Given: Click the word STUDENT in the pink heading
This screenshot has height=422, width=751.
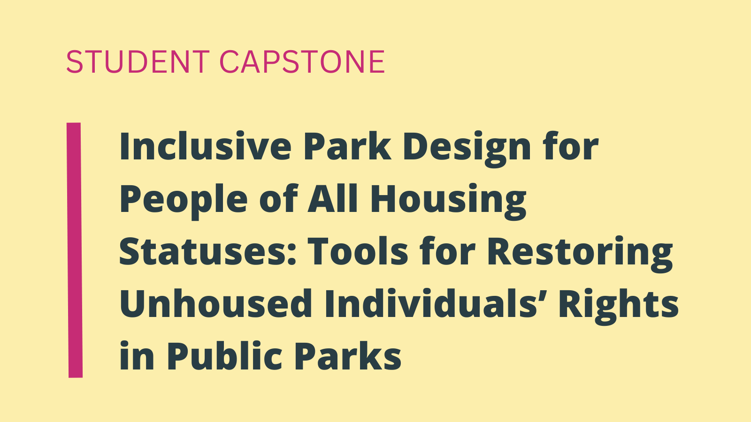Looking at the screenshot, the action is pyautogui.click(x=138, y=61).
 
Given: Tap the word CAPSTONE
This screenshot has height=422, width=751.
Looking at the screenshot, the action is pyautogui.click(x=302, y=61).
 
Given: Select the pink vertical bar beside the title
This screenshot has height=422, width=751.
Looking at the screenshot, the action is pyautogui.click(x=75, y=250).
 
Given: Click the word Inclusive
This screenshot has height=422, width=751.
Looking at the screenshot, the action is pyautogui.click(x=206, y=146).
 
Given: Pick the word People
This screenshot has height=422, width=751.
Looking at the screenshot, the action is pyautogui.click(x=184, y=201).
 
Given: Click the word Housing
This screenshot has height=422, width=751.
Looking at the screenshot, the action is pyautogui.click(x=448, y=201).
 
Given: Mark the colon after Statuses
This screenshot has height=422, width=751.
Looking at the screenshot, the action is pyautogui.click(x=291, y=255).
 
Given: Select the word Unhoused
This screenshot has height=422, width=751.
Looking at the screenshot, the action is pyautogui.click(x=216, y=303).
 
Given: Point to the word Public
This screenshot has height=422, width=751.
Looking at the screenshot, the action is pyautogui.click(x=224, y=355).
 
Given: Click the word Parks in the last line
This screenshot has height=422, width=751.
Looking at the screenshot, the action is pyautogui.click(x=348, y=355).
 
